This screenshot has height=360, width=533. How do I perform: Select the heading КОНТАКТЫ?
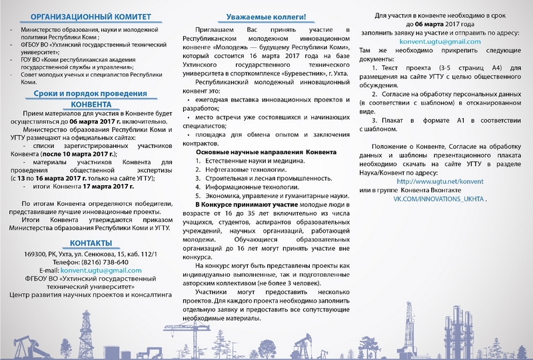pyautogui.click(x=86, y=242)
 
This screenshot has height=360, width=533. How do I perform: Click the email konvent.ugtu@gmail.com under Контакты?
pyautogui.click(x=100, y=271)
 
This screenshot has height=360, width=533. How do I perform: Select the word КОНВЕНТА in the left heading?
pyautogui.click(x=86, y=103)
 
